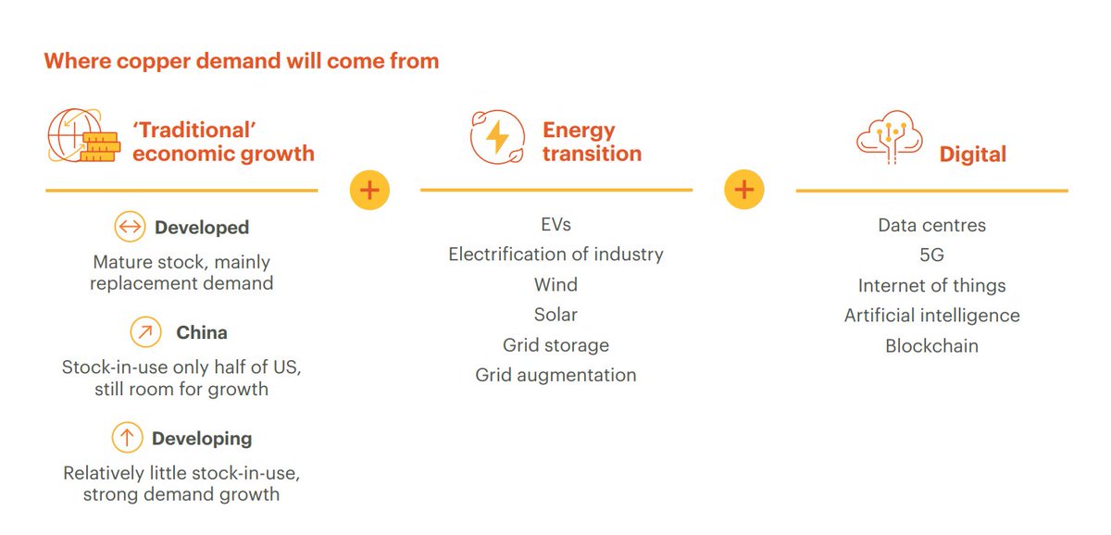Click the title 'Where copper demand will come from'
pyautogui.click(x=242, y=62)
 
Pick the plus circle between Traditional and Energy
pyautogui.click(x=369, y=191)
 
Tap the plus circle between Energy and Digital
pyautogui.click(x=744, y=191)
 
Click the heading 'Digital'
pyautogui.click(x=972, y=154)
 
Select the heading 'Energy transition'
pyautogui.click(x=592, y=141)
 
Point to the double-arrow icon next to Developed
pyautogui.click(x=131, y=227)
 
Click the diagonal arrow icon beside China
pyautogui.click(x=145, y=332)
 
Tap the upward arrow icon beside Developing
pyautogui.click(x=127, y=438)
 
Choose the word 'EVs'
pyautogui.click(x=555, y=225)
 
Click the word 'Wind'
pyautogui.click(x=555, y=284)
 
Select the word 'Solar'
pyautogui.click(x=555, y=315)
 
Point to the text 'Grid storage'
pyautogui.click(x=555, y=345)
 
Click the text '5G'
pyautogui.click(x=931, y=255)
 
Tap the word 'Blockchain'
pyautogui.click(x=931, y=345)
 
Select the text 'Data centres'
pyautogui.click(x=931, y=225)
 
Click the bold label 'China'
pyautogui.click(x=202, y=332)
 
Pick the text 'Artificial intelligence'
pyautogui.click(x=931, y=315)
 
